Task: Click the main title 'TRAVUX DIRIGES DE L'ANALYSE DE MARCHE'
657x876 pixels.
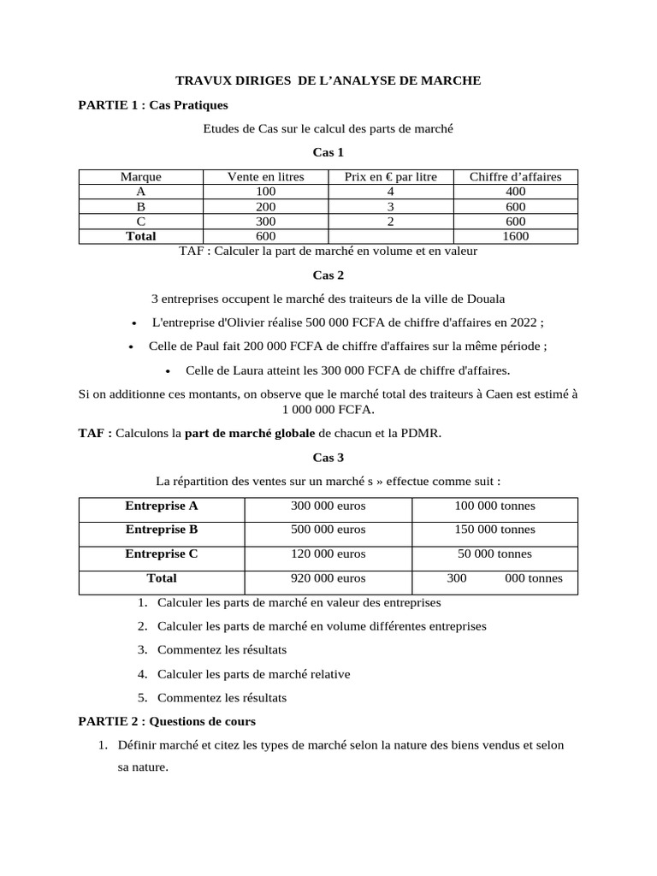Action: [328, 80]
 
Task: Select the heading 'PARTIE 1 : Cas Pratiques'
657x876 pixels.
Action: [153, 105]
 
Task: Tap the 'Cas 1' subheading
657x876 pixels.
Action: [328, 153]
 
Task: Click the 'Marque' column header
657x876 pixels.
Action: [140, 177]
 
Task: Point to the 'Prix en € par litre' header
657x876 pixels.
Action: [390, 177]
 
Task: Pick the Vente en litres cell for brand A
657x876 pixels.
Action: [265, 192]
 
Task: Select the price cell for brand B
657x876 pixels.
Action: [390, 207]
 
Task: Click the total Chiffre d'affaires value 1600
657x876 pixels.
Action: [516, 236]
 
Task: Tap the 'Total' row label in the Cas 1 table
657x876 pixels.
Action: [140, 236]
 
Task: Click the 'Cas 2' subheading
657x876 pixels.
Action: [328, 275]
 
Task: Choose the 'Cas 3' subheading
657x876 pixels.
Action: [328, 458]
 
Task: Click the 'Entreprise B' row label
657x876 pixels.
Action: [162, 530]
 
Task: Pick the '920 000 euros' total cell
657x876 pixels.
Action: [328, 578]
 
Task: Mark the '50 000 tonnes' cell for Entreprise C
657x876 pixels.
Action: [494, 553]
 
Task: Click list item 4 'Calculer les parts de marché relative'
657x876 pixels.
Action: [253, 674]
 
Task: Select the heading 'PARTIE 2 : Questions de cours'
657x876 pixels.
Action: [167, 721]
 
